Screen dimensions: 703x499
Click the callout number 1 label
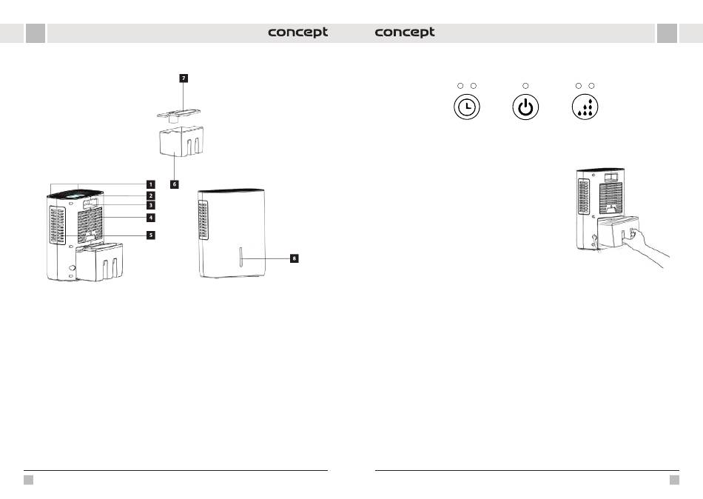click(150, 184)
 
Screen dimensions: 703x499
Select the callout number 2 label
click(150, 195)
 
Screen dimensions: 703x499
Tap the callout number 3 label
click(150, 205)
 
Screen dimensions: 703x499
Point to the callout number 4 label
click(150, 218)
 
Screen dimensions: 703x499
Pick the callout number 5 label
click(150, 235)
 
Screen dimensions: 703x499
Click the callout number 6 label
click(174, 184)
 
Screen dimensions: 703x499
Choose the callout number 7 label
click(183, 78)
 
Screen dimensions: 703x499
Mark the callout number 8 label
click(294, 258)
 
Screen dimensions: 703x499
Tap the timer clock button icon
click(466, 107)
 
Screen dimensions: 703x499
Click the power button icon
click(525, 107)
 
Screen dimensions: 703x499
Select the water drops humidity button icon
click(585, 107)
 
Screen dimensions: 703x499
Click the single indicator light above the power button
click(525, 86)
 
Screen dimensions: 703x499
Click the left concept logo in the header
click(297, 33)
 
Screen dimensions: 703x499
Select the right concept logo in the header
click(405, 33)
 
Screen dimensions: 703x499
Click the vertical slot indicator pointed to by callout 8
click(241, 259)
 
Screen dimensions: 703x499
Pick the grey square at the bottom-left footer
click(28, 480)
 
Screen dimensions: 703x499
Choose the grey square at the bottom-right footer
click(674, 480)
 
